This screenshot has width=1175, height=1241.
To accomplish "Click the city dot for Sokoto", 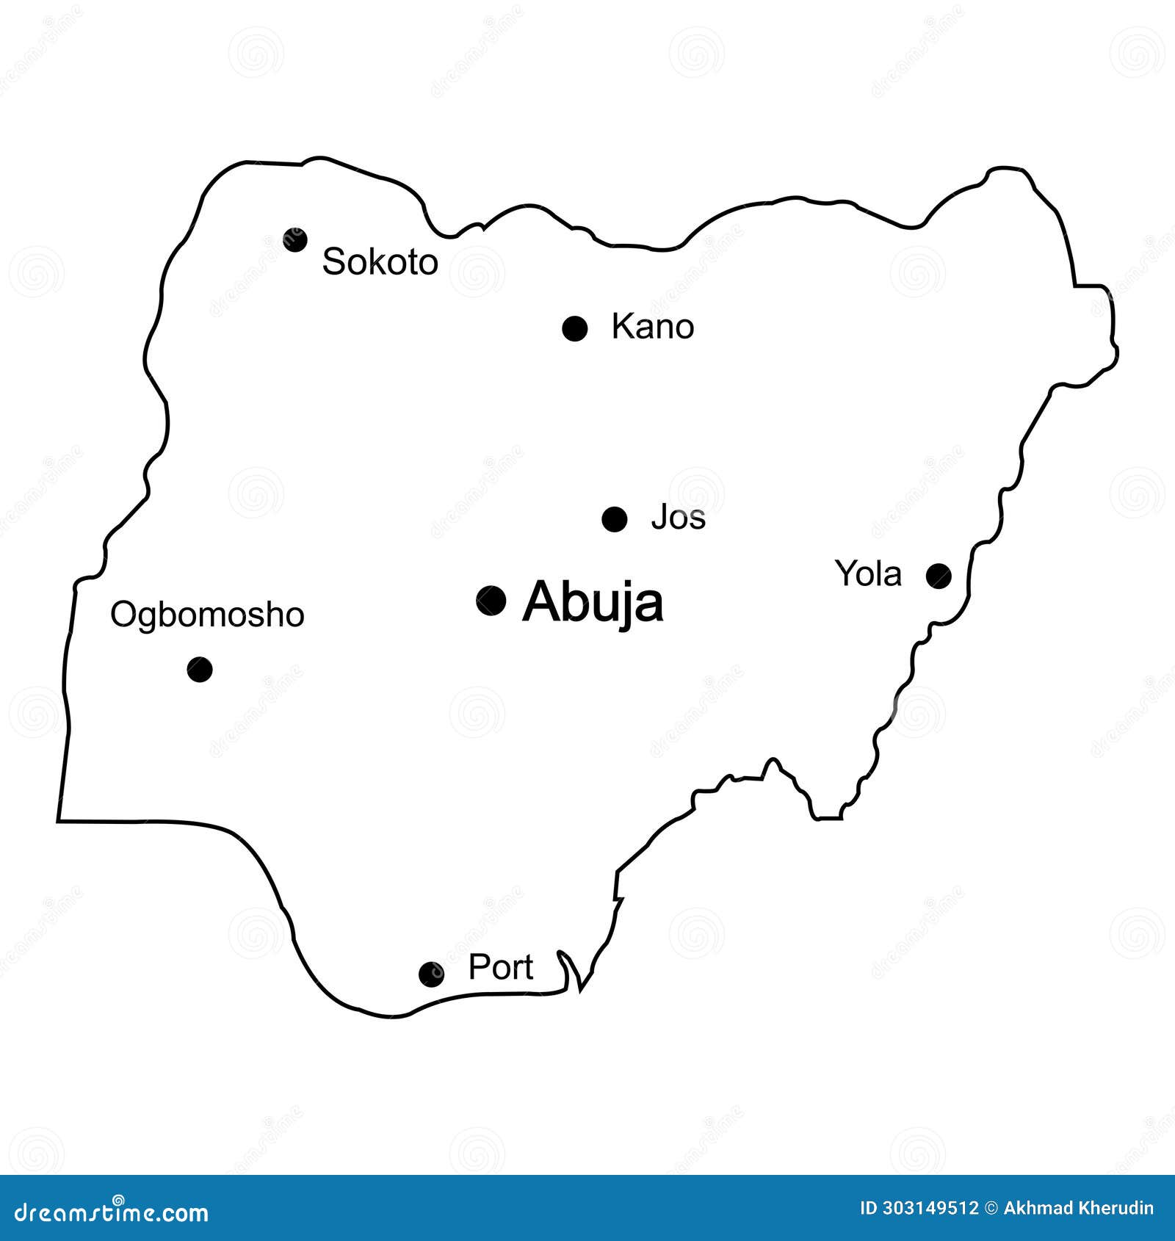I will coord(295,239).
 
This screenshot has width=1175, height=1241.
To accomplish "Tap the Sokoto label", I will coord(380,262).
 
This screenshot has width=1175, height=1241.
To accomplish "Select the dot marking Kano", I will coord(574,328).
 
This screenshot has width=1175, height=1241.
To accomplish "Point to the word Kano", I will coord(652,327).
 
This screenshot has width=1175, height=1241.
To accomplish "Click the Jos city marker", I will coord(614,519).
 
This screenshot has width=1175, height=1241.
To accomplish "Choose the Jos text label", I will coord(678,518).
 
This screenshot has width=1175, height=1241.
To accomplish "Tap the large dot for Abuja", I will coord(491,601).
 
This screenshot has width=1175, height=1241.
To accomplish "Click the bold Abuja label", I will coord(593,602).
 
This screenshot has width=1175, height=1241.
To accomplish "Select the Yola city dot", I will coord(939,576).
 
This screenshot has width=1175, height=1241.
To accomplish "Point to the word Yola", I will coord(868,574).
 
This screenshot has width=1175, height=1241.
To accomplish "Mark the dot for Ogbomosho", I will coord(200,669).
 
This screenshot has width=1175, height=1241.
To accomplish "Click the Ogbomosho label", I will coord(207,615).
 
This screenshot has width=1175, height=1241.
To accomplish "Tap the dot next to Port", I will coord(431,974).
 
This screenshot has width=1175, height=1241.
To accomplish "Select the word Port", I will coord(500,967).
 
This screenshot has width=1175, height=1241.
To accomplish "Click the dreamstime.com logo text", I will coord(112,1213).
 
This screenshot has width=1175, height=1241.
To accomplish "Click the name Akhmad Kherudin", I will coord(1078,1208).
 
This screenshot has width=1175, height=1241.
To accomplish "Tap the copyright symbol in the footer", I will coord(991,1208).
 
